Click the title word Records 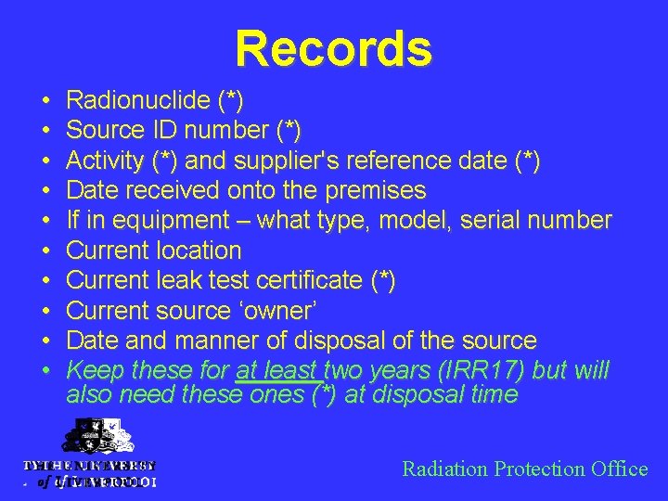333,48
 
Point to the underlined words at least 277,371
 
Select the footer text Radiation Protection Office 524,469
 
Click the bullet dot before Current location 45,250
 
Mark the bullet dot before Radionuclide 45,100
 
